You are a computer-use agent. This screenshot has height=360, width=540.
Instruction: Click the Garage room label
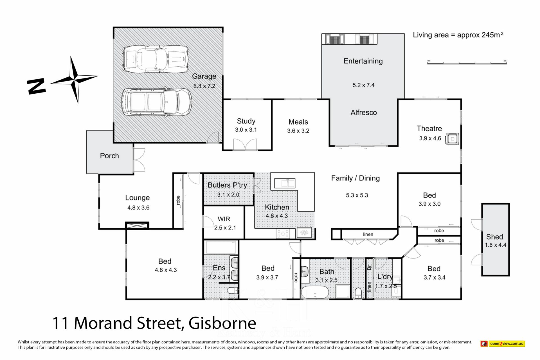(204, 76)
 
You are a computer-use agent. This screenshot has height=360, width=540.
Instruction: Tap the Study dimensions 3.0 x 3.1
(246, 130)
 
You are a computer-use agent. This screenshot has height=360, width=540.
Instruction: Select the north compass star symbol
(75, 79)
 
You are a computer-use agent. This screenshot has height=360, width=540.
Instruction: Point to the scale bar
(467, 62)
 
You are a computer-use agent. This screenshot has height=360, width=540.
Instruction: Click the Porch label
(109, 156)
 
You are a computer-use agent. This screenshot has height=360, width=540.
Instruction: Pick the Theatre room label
(429, 129)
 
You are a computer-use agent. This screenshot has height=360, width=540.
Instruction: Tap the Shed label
(495, 237)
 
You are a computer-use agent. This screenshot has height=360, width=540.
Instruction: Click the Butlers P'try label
(227, 185)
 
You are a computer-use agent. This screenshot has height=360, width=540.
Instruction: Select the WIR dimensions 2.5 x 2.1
(225, 228)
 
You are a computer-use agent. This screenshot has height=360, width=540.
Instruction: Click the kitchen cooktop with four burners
(283, 233)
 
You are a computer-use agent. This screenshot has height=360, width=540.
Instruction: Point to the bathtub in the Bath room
(315, 292)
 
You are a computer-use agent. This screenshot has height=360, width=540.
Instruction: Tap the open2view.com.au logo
(503, 343)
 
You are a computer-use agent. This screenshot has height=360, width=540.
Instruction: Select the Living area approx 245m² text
(458, 35)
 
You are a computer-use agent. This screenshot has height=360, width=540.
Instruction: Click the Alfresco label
(364, 112)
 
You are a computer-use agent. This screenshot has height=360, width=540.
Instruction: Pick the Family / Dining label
(355, 178)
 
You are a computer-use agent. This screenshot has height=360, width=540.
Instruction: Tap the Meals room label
(298, 122)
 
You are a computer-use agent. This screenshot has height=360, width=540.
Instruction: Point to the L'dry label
(385, 276)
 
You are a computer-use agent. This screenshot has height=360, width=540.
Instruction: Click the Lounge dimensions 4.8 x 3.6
(138, 208)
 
